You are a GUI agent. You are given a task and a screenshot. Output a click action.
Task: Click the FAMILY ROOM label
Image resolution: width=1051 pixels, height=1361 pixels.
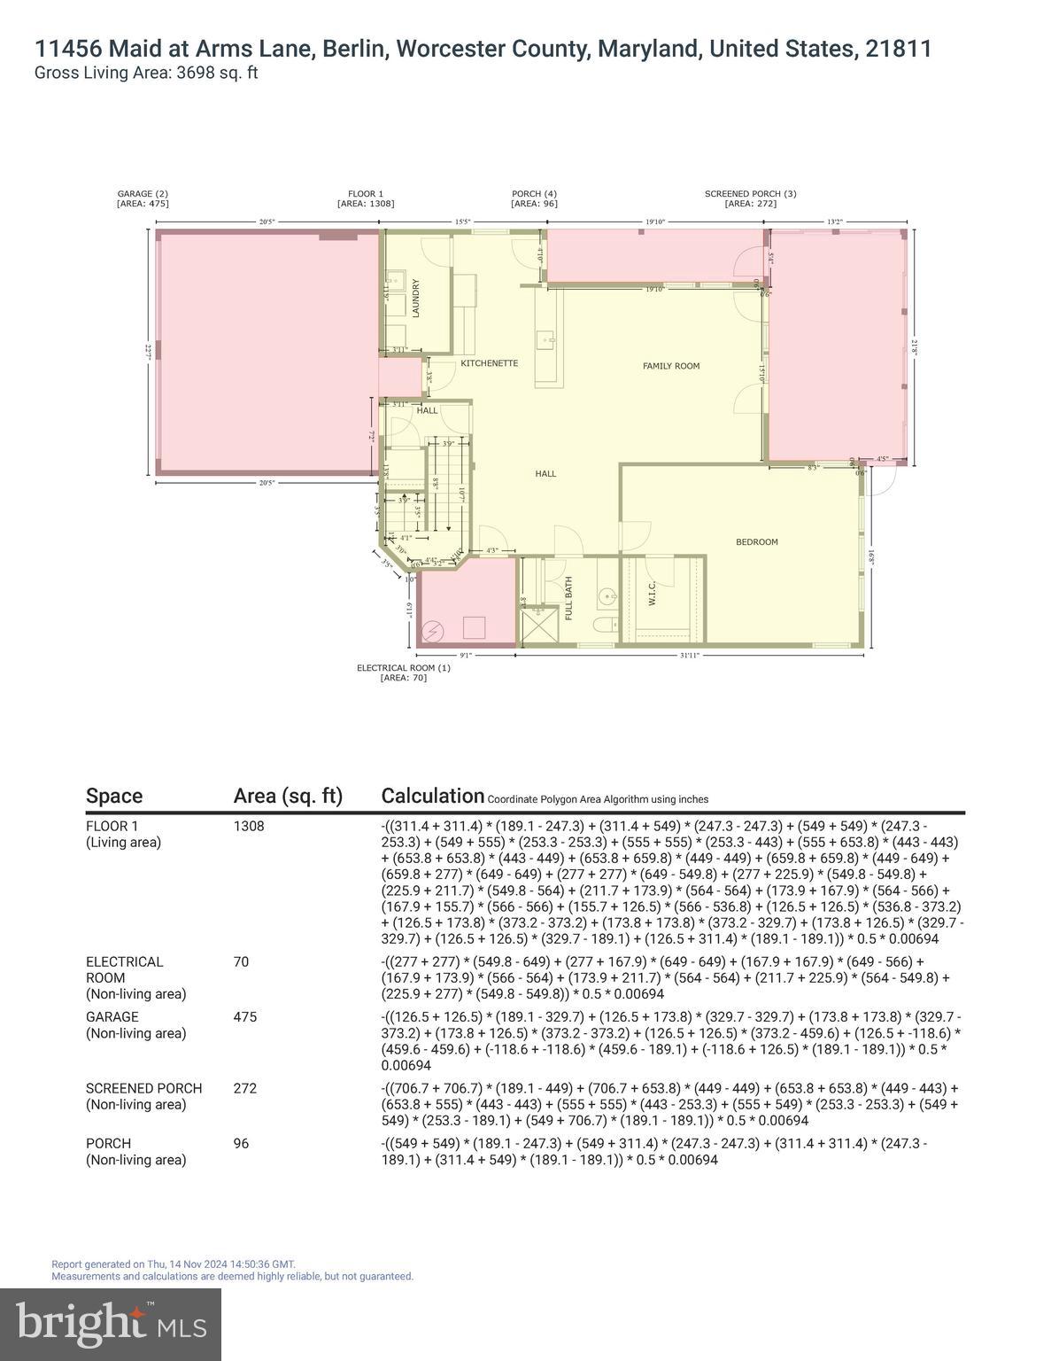(x=670, y=366)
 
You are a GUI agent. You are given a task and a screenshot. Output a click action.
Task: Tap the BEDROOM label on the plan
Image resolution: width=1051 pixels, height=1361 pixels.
(x=756, y=542)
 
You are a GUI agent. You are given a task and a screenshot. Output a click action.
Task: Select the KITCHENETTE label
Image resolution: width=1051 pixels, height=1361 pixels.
(x=489, y=364)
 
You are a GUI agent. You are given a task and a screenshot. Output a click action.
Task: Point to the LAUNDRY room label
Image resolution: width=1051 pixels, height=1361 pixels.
(x=415, y=299)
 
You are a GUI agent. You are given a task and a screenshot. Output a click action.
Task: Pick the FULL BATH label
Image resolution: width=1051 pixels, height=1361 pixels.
(x=568, y=598)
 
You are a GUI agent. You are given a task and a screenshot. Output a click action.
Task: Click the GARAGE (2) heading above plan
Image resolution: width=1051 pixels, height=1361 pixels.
(x=143, y=194)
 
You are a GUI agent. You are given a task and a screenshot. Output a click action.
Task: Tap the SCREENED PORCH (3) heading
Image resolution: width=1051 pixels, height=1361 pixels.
(x=750, y=194)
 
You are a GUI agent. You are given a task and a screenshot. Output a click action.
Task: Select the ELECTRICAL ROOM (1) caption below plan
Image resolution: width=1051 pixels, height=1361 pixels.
(x=403, y=668)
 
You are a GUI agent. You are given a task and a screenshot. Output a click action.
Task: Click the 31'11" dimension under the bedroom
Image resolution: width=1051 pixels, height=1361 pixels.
(x=690, y=656)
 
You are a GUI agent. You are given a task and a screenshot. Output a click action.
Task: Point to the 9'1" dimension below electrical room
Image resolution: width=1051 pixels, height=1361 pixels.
(x=466, y=656)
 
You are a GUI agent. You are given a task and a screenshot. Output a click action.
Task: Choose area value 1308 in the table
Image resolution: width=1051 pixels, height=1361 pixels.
(x=249, y=826)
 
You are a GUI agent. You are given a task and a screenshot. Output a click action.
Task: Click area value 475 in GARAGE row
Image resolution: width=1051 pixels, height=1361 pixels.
(x=244, y=1017)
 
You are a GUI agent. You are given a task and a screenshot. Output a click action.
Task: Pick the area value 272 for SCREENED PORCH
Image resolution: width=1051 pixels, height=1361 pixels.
(x=244, y=1088)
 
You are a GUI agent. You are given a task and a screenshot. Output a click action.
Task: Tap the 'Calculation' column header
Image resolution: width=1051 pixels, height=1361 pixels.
(x=432, y=796)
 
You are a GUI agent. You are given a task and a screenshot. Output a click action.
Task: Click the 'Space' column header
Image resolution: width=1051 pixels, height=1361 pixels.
(x=113, y=796)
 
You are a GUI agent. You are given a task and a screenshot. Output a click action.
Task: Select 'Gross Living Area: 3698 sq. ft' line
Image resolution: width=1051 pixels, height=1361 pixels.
(x=145, y=74)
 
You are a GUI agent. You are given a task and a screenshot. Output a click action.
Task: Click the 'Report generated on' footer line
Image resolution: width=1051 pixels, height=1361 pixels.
(x=174, y=1264)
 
